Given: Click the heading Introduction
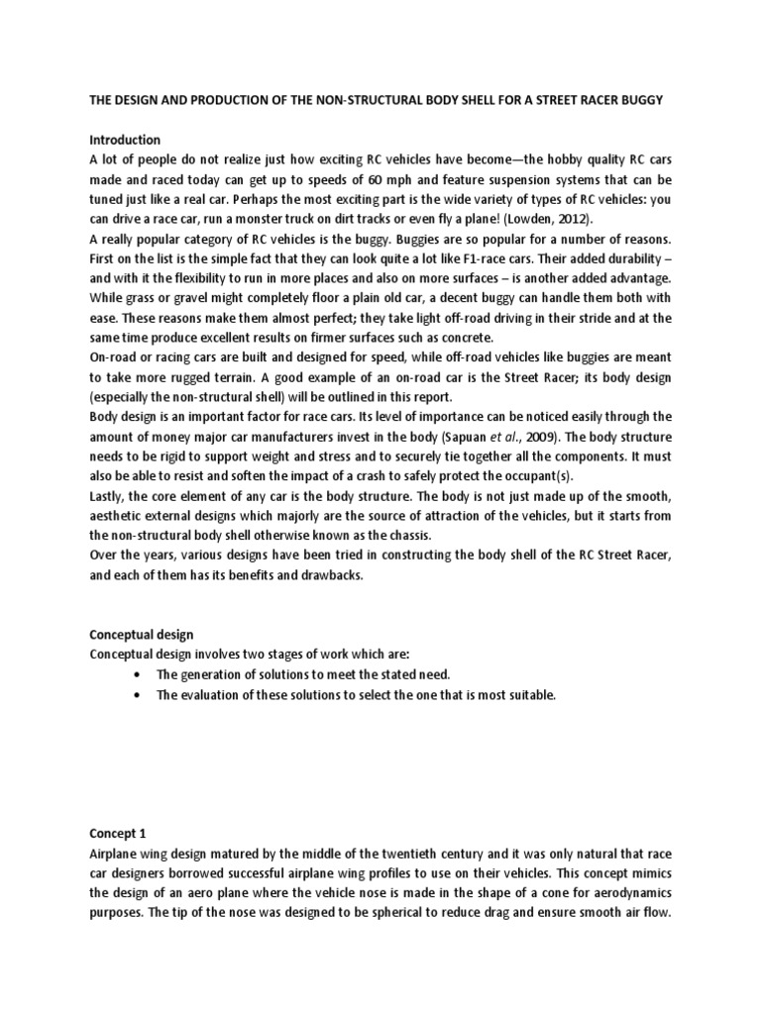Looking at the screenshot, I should [125, 140].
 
